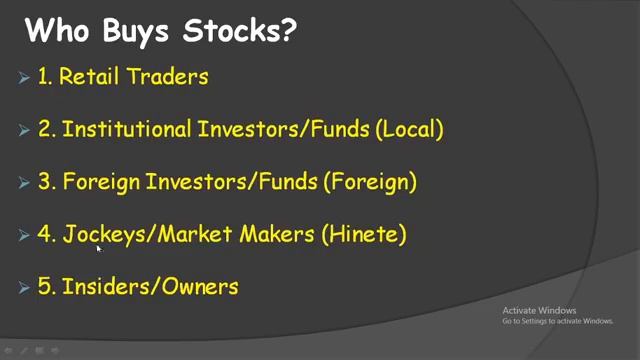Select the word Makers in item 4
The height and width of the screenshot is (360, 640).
tap(277, 235)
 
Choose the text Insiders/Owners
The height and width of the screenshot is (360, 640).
tap(150, 287)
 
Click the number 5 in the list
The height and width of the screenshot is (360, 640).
tap(44, 287)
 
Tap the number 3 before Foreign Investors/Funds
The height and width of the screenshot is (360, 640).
tap(44, 182)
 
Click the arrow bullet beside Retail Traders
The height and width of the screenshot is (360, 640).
tap(24, 78)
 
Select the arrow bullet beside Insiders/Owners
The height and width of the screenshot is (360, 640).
tap(24, 288)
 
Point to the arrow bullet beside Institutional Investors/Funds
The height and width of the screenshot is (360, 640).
tap(24, 130)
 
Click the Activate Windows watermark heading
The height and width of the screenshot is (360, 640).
tap(540, 310)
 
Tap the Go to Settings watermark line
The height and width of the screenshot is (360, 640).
tap(557, 321)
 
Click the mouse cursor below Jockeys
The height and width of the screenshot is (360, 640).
tap(98, 249)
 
